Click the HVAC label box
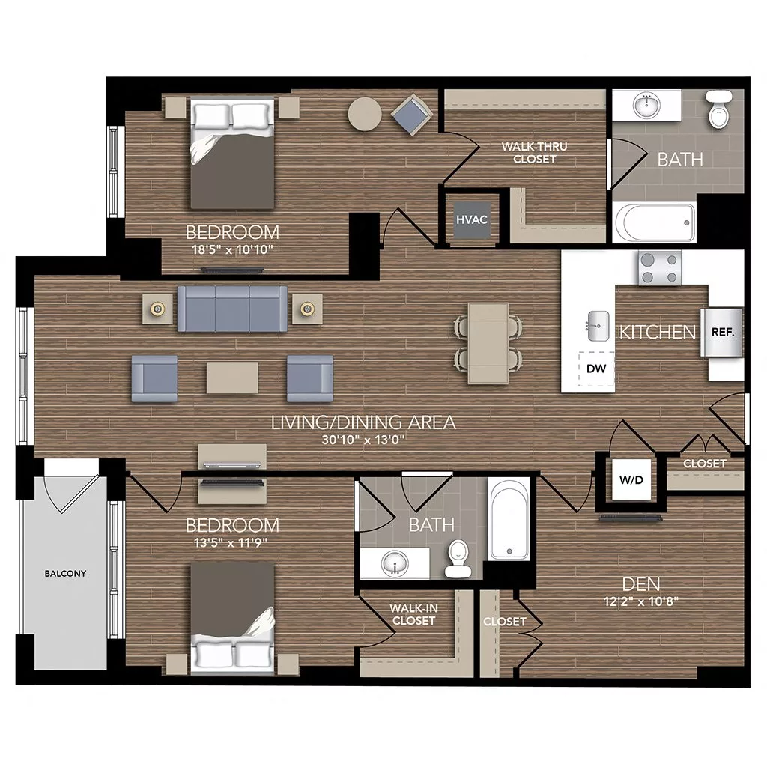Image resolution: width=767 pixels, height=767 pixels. [473, 219]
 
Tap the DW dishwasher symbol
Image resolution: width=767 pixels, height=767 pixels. [596, 368]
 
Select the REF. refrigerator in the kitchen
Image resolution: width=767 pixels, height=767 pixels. [722, 331]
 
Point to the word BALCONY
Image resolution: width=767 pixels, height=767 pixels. [65, 574]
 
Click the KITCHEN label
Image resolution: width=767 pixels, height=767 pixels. [657, 332]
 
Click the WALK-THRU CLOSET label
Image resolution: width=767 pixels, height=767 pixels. [528, 153]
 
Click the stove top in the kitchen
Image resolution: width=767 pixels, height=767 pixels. [660, 269]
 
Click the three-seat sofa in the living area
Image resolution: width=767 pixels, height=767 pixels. [232, 308]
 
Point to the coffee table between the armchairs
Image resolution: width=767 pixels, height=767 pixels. [232, 378]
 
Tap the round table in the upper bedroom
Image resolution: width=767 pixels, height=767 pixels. [365, 115]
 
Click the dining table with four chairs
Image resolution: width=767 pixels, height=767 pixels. [488, 343]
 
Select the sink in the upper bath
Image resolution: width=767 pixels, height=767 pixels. [645, 106]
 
